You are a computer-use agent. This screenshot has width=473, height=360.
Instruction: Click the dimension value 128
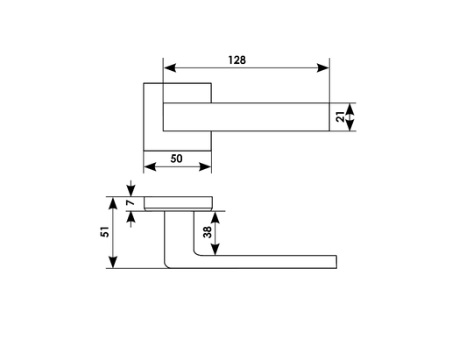coord(236,60)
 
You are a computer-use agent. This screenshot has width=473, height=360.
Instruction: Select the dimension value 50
coord(176,159)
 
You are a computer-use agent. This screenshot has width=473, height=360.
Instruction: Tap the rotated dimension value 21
coord(340,116)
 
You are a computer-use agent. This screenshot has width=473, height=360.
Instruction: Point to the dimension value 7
coord(131,202)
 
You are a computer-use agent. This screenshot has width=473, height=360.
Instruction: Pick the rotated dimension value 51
coord(105,231)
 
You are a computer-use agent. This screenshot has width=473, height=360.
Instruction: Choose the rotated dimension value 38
coord(208,232)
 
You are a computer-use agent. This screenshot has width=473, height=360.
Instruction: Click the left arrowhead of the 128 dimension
coord(170,68)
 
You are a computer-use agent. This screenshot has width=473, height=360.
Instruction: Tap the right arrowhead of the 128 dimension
coord(322,68)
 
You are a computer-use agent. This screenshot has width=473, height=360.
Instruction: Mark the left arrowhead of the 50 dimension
coord(150,166)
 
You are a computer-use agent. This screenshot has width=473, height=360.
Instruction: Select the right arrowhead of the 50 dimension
coord(205,166)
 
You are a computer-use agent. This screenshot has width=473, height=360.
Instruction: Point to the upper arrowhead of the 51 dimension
coord(113,203)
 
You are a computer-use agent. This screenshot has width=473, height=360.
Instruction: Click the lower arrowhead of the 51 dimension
coord(113,262)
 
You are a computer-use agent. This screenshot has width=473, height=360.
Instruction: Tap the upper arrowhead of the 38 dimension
coord(215,217)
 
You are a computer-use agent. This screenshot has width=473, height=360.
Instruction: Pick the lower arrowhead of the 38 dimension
coord(215,250)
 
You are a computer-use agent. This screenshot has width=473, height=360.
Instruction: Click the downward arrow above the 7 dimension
coord(131,188)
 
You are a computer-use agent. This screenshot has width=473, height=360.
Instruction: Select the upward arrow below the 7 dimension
coord(131,219)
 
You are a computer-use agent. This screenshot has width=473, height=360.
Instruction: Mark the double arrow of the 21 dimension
coord(349,117)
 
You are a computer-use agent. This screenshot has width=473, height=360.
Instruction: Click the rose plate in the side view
coord(178,203)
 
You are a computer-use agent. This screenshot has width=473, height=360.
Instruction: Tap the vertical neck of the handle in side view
coord(180,232)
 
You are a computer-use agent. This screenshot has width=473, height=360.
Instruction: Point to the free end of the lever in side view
coord(336,262)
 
